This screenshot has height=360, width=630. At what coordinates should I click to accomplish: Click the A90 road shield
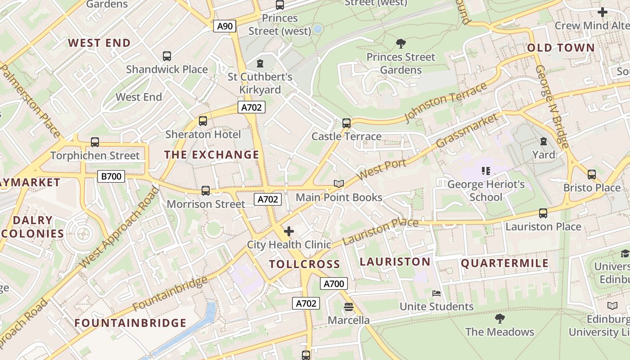point(225,26)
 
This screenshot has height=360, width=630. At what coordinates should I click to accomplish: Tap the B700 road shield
point(111,176)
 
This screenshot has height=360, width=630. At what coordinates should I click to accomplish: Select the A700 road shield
point(333,283)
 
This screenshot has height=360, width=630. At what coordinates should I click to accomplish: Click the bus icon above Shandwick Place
point(167,56)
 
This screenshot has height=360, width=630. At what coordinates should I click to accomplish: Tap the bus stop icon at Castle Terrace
point(346,123)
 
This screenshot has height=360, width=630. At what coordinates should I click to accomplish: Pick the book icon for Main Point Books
point(339,184)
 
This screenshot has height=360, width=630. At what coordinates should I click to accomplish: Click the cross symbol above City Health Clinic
point(289,231)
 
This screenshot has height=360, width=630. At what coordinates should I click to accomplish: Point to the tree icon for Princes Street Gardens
point(400,44)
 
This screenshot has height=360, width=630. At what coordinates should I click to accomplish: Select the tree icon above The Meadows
point(499,319)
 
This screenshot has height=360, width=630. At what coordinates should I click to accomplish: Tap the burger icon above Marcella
point(349,307)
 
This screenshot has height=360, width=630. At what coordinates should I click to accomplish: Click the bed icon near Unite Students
point(436,293)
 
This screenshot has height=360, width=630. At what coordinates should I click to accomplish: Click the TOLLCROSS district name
point(305,264)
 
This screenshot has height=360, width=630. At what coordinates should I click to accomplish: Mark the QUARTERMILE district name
point(505,263)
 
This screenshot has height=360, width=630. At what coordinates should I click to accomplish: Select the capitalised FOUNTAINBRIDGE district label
point(130,323)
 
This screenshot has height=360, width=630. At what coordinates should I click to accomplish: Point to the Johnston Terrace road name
point(446,102)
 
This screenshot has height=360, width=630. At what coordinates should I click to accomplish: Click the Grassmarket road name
point(468,130)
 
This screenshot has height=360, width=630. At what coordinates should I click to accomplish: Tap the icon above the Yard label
point(543,141)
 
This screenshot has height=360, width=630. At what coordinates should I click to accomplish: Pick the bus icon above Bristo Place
point(592,174)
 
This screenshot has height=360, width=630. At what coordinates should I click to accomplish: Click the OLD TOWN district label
point(561,48)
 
